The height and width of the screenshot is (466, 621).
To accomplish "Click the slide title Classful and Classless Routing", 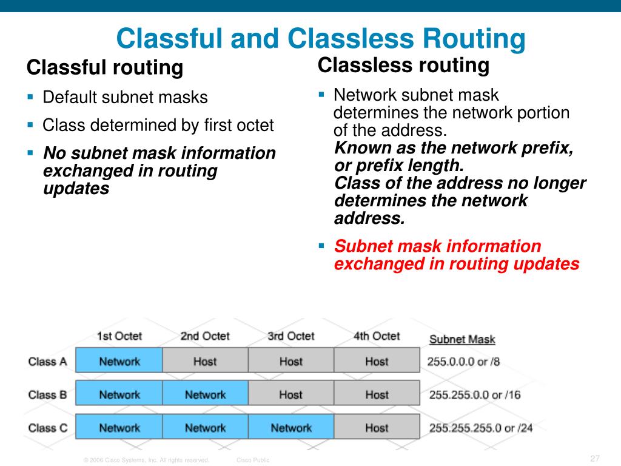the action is [321, 39].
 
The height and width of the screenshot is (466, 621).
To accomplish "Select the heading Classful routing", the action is [105, 67].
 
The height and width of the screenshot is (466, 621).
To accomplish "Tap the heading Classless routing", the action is [403, 65].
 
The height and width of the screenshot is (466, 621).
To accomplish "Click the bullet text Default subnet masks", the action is [125, 97].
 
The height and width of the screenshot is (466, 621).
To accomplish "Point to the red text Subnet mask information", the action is [437, 246].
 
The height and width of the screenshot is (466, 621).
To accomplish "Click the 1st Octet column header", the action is [119, 336].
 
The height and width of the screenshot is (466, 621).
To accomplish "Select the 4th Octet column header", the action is [377, 336].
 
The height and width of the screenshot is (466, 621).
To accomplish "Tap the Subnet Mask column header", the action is [462, 339].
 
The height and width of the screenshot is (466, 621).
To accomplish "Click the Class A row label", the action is [47, 362].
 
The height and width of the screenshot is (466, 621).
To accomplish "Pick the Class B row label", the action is [47, 395].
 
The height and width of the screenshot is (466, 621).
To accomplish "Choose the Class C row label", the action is [47, 428].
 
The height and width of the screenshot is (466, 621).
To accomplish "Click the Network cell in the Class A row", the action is [119, 362].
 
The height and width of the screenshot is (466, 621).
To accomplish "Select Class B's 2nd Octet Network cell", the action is [205, 395].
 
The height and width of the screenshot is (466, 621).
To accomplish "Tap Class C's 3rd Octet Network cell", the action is [291, 428].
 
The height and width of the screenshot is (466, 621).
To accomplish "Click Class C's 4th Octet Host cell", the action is [377, 428].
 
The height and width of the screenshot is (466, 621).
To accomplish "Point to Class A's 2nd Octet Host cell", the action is [205, 362].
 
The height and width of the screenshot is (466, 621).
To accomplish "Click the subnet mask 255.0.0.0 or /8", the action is [464, 362].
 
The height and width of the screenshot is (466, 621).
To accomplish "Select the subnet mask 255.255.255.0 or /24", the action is [481, 428].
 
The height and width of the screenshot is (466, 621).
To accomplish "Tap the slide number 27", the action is [594, 458].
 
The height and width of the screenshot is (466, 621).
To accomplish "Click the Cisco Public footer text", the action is [252, 461].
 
